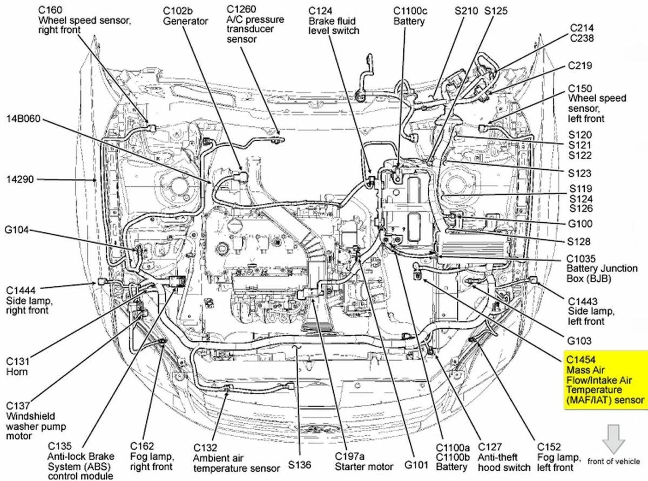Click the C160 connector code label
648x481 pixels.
(50, 10)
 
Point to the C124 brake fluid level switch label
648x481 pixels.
(333, 20)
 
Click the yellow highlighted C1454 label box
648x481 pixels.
(605, 380)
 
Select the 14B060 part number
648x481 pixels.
(24, 118)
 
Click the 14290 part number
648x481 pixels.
(20, 178)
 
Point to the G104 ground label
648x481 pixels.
(16, 231)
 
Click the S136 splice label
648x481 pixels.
(299, 464)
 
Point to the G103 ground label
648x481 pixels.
(579, 341)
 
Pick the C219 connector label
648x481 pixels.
(579, 65)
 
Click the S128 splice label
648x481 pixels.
(579, 242)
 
